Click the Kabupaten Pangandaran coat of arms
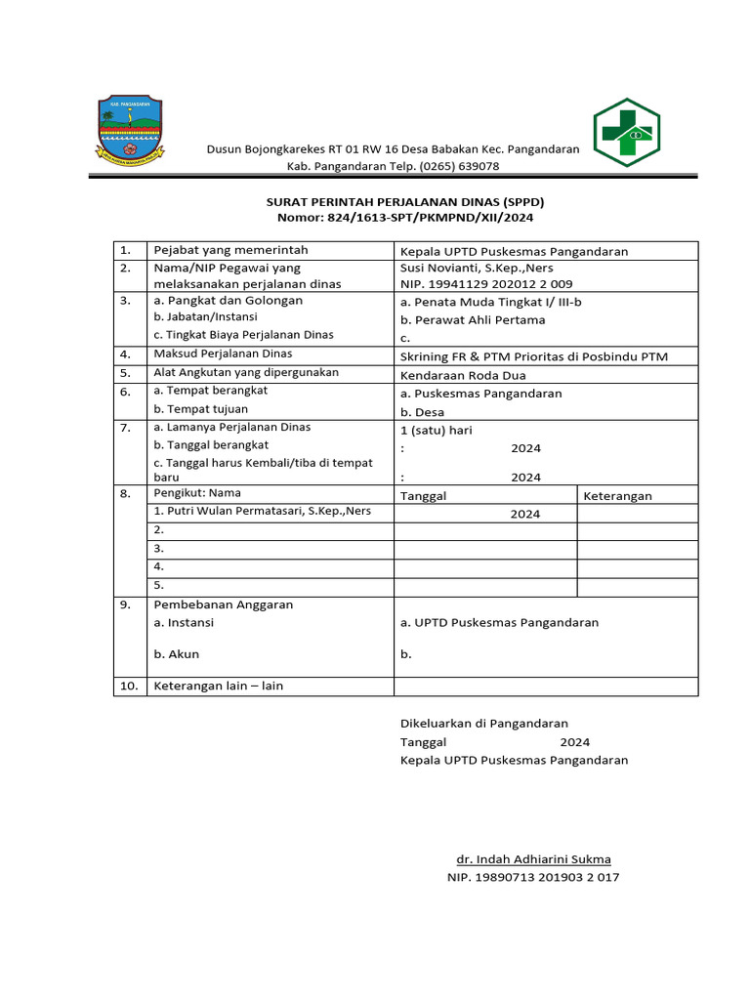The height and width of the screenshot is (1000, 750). pos(129,129)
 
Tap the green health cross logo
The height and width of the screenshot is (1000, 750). pos(627,133)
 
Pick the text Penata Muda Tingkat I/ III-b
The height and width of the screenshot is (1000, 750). pos(491,302)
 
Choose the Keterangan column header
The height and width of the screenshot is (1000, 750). pos(617,495)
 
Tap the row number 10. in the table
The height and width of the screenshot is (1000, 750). pos(129,686)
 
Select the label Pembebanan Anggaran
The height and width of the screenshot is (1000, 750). pos(224,604)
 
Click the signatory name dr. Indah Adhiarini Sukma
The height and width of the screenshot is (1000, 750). pos(533,859)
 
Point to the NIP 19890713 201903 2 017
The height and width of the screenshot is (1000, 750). pos(532,877)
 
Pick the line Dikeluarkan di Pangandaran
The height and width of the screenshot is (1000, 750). pos(484,724)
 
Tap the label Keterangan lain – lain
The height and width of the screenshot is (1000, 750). pos(219,686)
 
